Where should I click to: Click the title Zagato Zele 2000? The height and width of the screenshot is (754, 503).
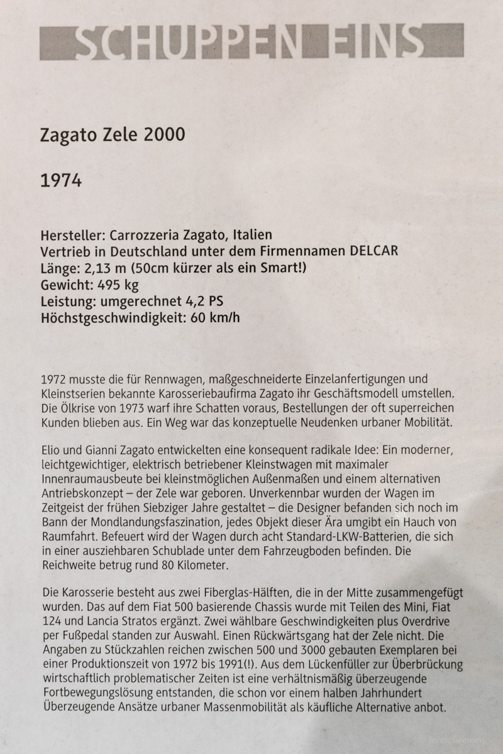(x=113, y=135)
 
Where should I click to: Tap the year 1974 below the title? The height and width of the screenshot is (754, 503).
(x=60, y=182)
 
